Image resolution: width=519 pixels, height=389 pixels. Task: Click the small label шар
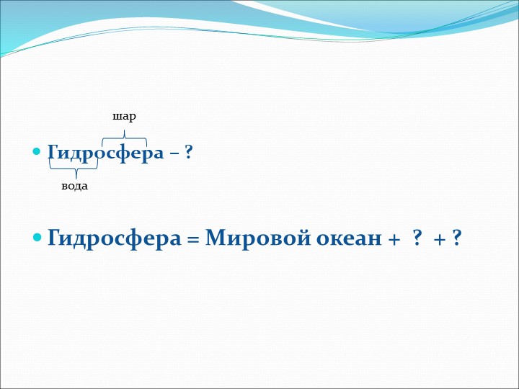124,116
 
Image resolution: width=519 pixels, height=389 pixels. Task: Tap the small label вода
75,186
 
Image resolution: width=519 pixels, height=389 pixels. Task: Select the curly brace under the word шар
125,136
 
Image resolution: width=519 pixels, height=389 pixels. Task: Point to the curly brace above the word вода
74,168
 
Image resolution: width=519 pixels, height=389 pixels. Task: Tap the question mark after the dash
188,153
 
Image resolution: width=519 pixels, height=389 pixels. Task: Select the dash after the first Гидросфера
174,153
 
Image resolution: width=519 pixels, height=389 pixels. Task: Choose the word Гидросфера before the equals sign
114,238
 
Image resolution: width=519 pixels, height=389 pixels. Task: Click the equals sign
192,238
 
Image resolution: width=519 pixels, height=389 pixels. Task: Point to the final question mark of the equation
456,238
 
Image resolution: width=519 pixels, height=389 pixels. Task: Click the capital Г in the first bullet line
53,153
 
